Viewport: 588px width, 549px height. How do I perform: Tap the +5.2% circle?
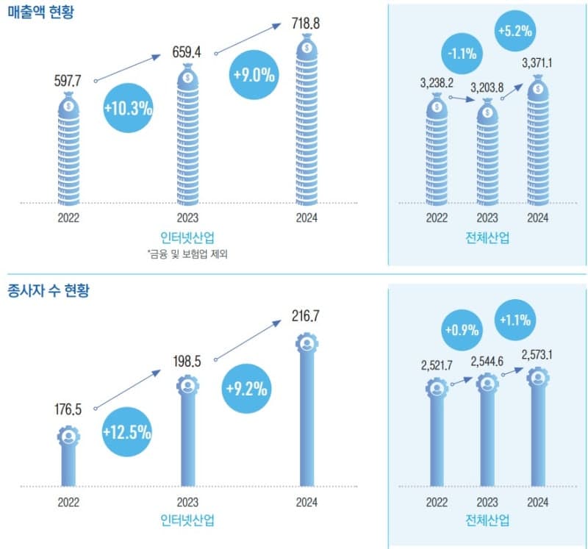point(514,32)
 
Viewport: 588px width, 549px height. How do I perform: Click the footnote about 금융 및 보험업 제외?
point(187,254)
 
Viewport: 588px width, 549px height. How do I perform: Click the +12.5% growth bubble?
point(128,432)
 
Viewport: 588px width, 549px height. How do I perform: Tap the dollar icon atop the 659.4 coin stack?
point(187,76)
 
